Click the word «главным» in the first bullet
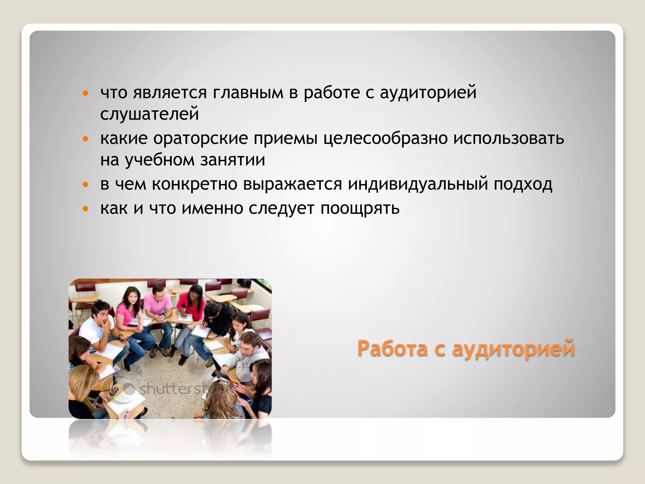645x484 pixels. coord(248,93)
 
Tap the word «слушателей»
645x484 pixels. coord(150,114)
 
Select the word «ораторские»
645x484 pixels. coord(200,138)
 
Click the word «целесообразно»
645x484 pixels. coord(385,138)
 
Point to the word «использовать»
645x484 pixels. coord(509,138)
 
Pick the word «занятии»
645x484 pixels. coord(233,160)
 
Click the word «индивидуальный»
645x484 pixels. coord(418,184)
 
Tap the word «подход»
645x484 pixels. coord(523,185)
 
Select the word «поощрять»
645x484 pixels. coord(360,209)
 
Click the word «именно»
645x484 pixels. coord(213,208)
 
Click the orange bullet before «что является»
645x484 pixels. coord(85,93)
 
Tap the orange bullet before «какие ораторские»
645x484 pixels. coord(85,139)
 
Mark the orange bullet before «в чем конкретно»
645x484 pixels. coord(85,185)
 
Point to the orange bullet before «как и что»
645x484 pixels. coord(85,209)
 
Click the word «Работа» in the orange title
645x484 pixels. coord(392,349)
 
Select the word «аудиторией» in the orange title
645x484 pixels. coord(513,349)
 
